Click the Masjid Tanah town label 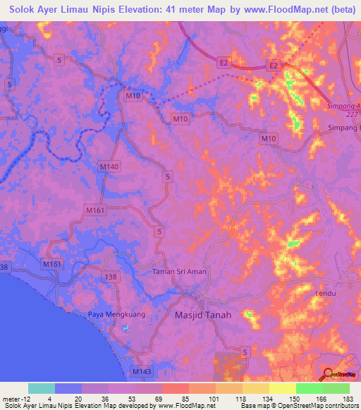point(202,316)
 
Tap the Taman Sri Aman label point(178,271)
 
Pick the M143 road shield point(141,370)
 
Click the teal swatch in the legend point(42,388)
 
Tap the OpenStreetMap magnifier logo point(328,374)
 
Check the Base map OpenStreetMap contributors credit point(297,406)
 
